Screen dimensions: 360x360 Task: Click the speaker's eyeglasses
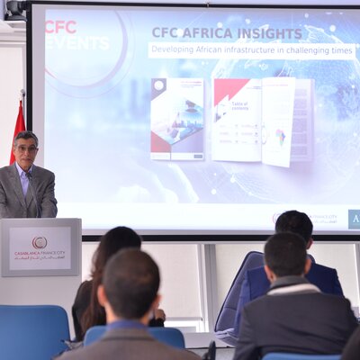(x=27, y=149)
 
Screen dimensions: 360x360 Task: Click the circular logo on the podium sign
(x=40, y=242)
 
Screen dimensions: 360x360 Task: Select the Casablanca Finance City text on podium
(x=40, y=258)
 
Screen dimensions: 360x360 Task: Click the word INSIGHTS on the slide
(x=266, y=33)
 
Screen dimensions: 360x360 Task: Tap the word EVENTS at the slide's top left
(x=77, y=43)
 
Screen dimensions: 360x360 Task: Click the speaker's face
(x=27, y=151)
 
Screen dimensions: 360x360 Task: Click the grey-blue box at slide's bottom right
(x=353, y=219)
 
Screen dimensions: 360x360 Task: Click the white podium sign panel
(x=40, y=249)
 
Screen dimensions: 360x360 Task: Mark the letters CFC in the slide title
(x=166, y=33)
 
